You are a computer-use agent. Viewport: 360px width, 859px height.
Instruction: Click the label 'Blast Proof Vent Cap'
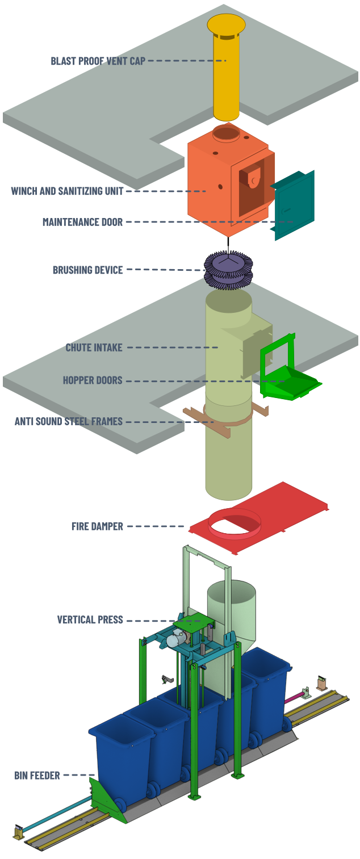pyautogui.click(x=98, y=61)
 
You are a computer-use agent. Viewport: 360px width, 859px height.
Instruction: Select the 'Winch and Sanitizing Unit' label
pyautogui.click(x=67, y=191)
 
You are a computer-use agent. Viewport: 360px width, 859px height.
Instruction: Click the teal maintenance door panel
pyautogui.click(x=294, y=204)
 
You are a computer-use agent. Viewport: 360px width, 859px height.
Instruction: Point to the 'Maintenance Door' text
pyautogui.click(x=82, y=222)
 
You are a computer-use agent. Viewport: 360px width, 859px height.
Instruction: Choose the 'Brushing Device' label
pyautogui.click(x=87, y=270)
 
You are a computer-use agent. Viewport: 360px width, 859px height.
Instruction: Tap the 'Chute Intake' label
pyautogui.click(x=94, y=347)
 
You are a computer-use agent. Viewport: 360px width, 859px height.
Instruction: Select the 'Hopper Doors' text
pyautogui.click(x=93, y=380)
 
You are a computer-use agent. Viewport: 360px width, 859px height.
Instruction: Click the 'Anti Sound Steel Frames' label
pyautogui.click(x=69, y=421)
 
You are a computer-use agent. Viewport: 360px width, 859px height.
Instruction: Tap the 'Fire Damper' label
pyautogui.click(x=97, y=526)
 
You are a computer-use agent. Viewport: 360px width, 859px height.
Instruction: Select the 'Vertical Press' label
pyautogui.click(x=90, y=619)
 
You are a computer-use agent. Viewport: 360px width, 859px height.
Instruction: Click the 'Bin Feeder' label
pyautogui.click(x=37, y=775)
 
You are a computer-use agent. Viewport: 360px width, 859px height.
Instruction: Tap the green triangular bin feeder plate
pyautogui.click(x=105, y=797)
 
